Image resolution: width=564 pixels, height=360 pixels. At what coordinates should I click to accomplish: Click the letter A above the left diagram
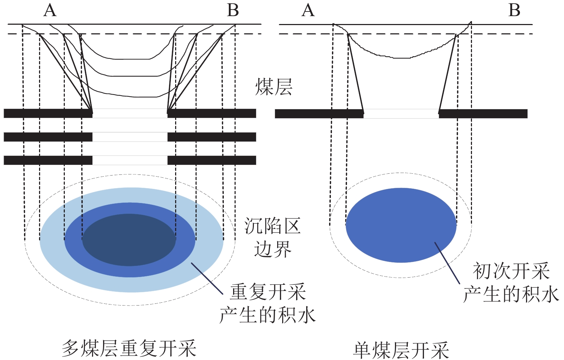tap(50, 10)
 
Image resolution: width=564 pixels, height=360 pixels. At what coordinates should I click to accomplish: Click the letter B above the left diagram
tap(233, 10)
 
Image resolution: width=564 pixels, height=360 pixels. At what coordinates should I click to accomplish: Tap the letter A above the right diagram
tap(308, 10)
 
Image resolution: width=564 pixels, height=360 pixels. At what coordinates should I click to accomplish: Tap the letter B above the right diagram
tap(514, 10)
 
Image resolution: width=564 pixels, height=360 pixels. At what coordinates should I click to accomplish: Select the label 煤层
tap(274, 87)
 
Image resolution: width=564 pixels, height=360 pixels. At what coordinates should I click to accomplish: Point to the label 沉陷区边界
tap(273, 237)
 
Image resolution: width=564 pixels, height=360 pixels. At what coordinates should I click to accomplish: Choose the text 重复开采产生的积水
tap(267, 304)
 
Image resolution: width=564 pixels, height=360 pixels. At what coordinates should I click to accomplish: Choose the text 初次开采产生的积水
tap(511, 283)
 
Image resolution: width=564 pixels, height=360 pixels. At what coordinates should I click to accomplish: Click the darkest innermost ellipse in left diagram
tap(129, 240)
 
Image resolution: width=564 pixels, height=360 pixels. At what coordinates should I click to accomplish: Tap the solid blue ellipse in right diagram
tap(401, 225)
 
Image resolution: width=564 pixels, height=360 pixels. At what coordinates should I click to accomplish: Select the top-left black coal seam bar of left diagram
tap(48, 113)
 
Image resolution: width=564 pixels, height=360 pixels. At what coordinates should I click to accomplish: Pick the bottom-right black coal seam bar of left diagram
tap(212, 160)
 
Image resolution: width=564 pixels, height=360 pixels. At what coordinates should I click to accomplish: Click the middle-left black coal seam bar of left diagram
tap(48, 137)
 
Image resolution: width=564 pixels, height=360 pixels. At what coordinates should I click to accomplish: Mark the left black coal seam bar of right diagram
tap(319, 114)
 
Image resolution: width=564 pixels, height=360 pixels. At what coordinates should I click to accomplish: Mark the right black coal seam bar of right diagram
tap(483, 114)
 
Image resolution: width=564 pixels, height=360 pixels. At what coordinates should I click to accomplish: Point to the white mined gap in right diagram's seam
tap(401, 114)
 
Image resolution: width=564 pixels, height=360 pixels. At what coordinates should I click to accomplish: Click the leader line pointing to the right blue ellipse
tap(447, 263)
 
